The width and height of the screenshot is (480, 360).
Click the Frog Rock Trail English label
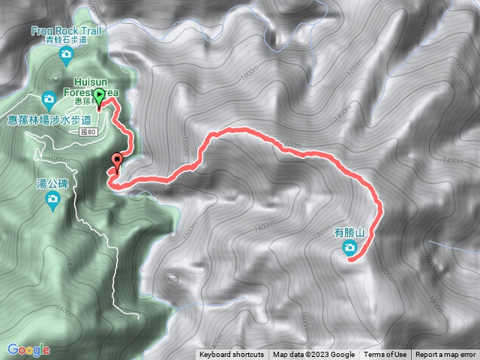pyautogui.click(x=66, y=31)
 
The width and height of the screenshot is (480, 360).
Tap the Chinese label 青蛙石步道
pyautogui.click(x=66, y=41)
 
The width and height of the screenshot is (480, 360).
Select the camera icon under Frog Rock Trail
pyautogui.click(x=66, y=54)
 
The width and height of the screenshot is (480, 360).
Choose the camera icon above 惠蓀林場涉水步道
pyautogui.click(x=49, y=98)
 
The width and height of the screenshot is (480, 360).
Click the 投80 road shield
pyautogui.click(x=88, y=132)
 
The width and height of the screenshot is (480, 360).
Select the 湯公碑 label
pyautogui.click(x=52, y=184)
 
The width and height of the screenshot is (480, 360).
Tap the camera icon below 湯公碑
pyautogui.click(x=52, y=199)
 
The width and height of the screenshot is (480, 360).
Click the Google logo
pyautogui.click(x=28, y=349)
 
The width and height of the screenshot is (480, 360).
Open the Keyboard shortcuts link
pyautogui.click(x=232, y=355)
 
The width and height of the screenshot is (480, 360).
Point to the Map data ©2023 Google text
pyautogui.click(x=313, y=355)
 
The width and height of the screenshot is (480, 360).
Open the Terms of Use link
pyautogui.click(x=385, y=355)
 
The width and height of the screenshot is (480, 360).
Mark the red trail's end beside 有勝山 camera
pyautogui.click(x=352, y=260)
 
